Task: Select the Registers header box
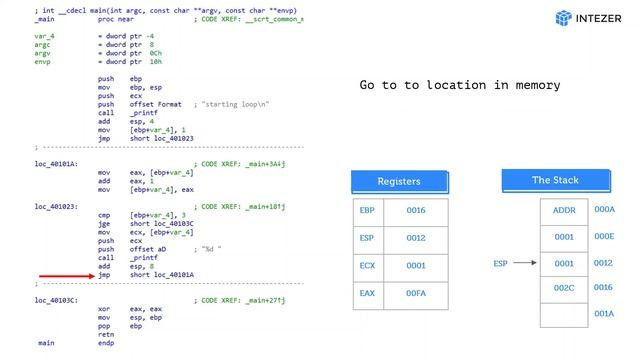[398, 181]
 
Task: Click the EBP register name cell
[366, 211]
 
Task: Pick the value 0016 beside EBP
[416, 211]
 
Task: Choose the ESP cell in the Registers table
[366, 238]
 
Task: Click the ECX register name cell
[366, 266]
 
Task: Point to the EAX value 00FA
[416, 293]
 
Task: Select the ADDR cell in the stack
[564, 211]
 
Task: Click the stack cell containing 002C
[564, 288]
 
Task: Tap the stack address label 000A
[604, 210]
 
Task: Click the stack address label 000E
[604, 237]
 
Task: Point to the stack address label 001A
[604, 314]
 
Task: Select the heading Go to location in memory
[459, 85]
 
